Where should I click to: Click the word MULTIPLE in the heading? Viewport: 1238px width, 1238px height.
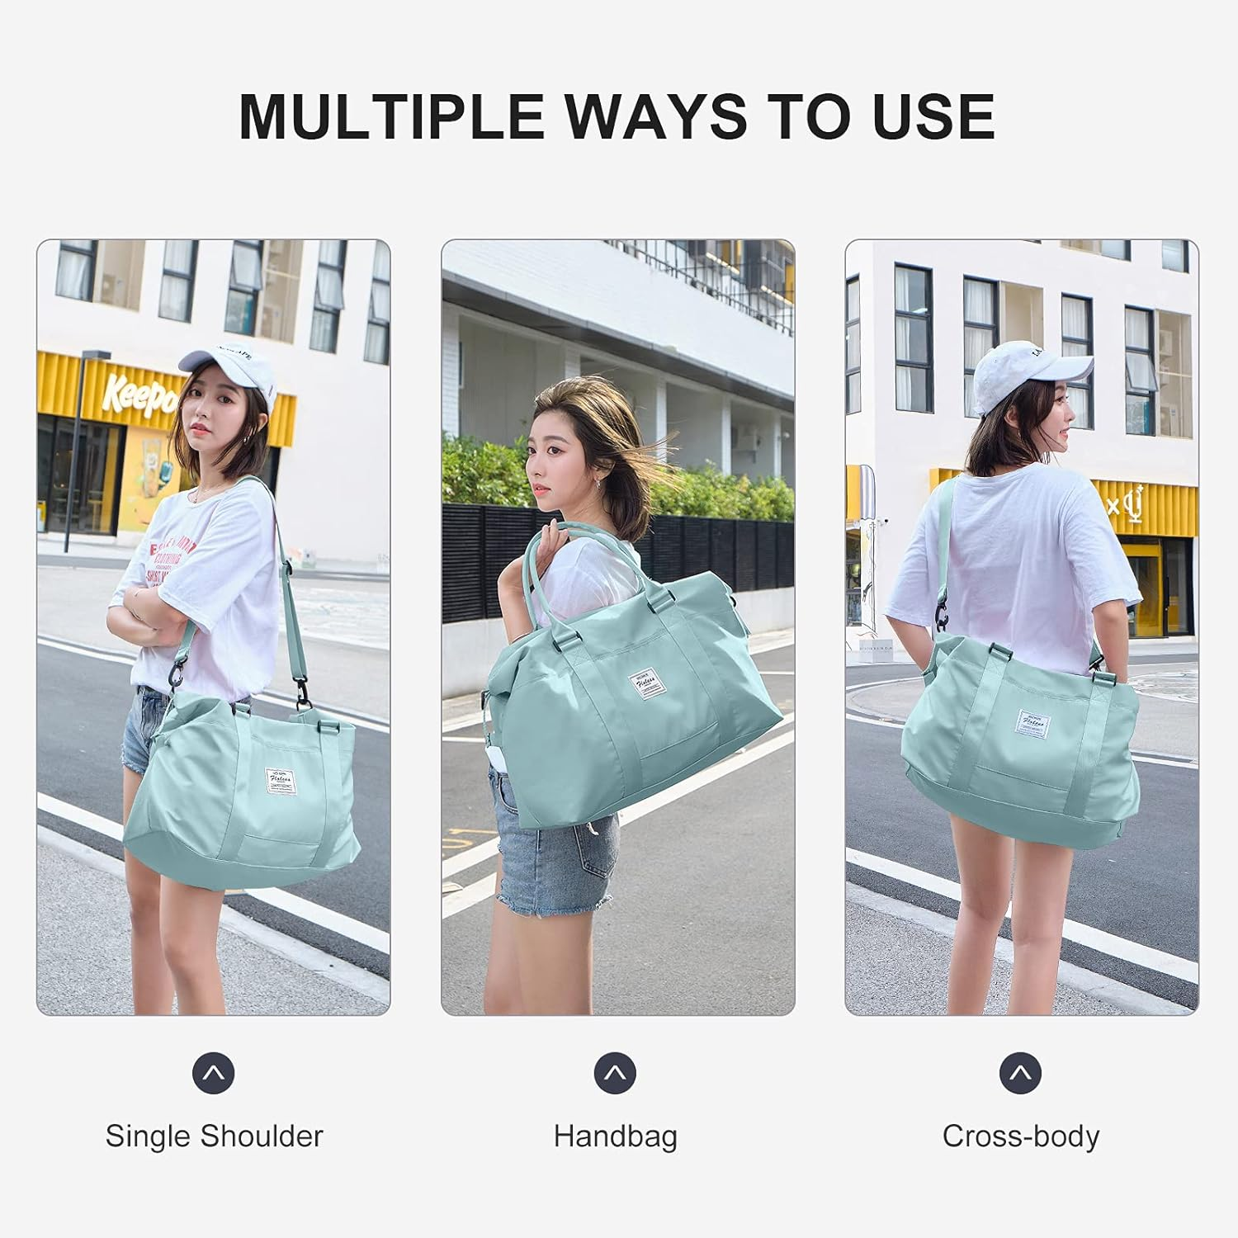tap(391, 116)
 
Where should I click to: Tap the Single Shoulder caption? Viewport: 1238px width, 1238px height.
tap(214, 1136)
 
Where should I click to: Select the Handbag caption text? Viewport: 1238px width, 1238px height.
tap(615, 1136)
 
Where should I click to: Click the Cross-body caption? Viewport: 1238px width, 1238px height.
tap(1020, 1136)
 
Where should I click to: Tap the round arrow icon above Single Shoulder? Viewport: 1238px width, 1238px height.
tap(214, 1073)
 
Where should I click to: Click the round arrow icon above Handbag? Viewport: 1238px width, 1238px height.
tap(615, 1073)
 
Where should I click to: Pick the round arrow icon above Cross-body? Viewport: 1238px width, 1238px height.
tap(1021, 1073)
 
